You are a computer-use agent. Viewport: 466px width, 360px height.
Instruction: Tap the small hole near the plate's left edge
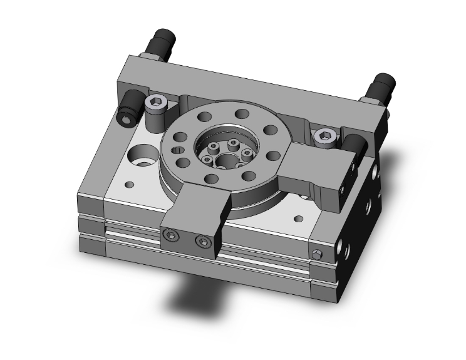tap(130, 185)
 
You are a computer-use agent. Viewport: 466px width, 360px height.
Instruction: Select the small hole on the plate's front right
tap(299, 219)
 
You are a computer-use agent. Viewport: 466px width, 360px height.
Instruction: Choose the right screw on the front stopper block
tap(202, 241)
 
